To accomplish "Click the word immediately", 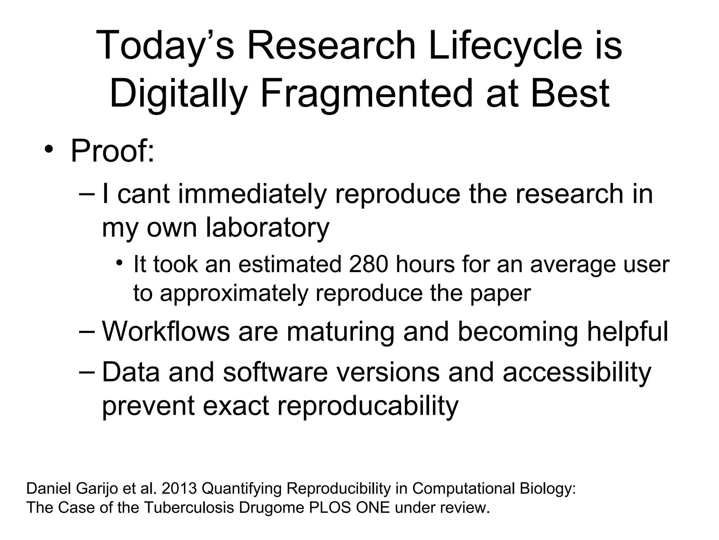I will coord(252,194).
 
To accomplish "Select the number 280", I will coord(369,264).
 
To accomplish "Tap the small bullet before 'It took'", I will coord(120,263).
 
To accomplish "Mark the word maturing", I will coord(340,332).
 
